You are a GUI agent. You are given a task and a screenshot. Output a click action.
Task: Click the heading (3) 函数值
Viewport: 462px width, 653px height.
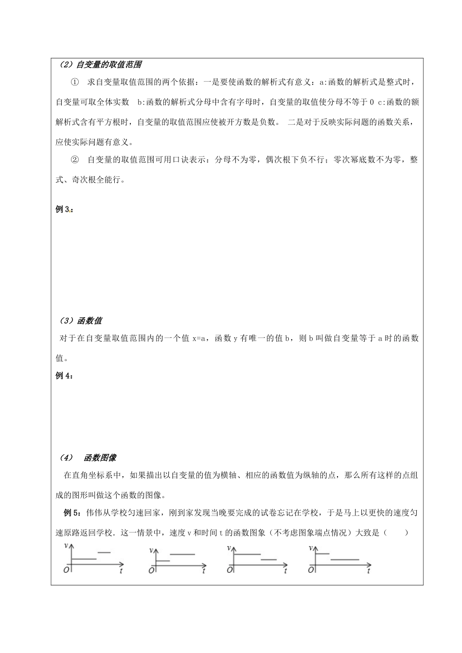[x=81, y=321]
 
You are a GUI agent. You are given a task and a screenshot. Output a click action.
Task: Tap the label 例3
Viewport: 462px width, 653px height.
[x=64, y=210]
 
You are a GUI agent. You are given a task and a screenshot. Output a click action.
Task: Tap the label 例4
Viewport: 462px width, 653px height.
[x=64, y=376]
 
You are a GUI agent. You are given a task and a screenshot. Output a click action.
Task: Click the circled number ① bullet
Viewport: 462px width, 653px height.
[x=74, y=83]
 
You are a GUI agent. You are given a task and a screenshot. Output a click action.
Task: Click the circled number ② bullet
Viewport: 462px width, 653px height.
[x=74, y=160]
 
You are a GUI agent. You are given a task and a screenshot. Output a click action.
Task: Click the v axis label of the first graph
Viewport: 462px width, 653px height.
[x=66, y=546]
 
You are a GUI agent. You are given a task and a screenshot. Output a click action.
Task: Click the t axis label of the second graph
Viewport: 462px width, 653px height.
[x=204, y=571]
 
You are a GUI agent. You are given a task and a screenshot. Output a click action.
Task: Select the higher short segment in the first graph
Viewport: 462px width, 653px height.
[x=104, y=552]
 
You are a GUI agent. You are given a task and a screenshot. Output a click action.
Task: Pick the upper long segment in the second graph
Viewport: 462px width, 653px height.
[x=182, y=554]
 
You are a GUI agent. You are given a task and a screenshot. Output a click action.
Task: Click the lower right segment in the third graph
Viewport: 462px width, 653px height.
[x=268, y=560]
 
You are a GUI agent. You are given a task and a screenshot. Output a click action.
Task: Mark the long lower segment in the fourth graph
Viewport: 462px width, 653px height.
[x=344, y=560]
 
